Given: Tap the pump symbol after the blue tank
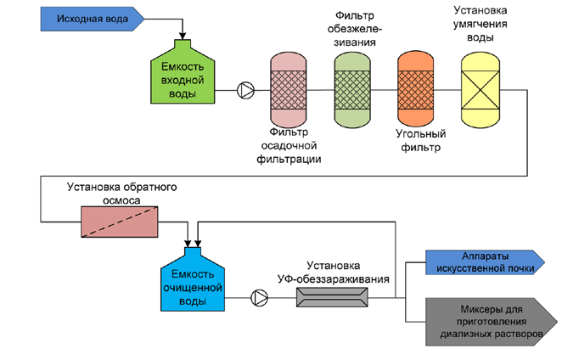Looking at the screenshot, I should (260, 297).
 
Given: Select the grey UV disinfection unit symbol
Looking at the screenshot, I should (331, 297).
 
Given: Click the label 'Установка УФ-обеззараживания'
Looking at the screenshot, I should (334, 272).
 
